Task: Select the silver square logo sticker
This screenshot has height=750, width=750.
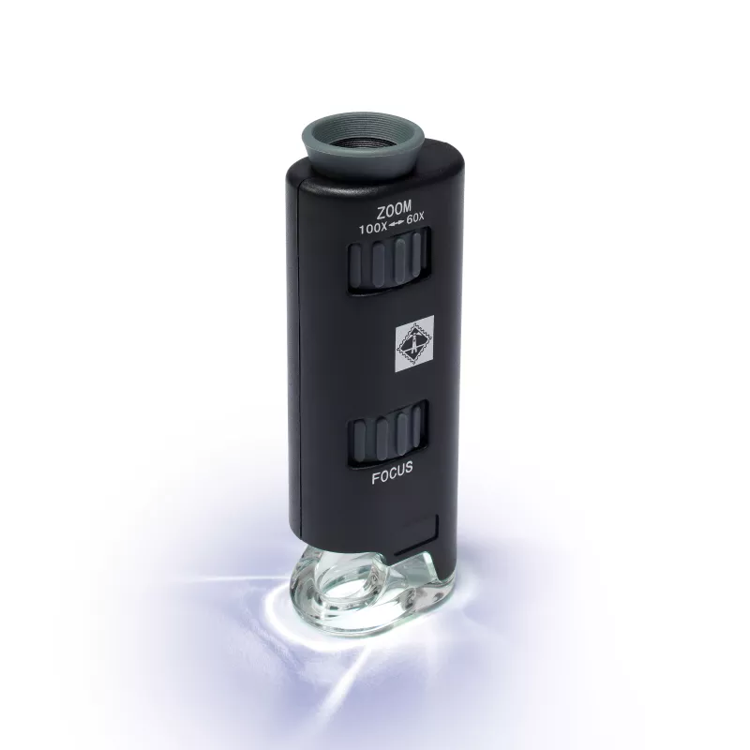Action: [413, 342]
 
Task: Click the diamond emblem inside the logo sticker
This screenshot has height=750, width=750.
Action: [413, 342]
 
